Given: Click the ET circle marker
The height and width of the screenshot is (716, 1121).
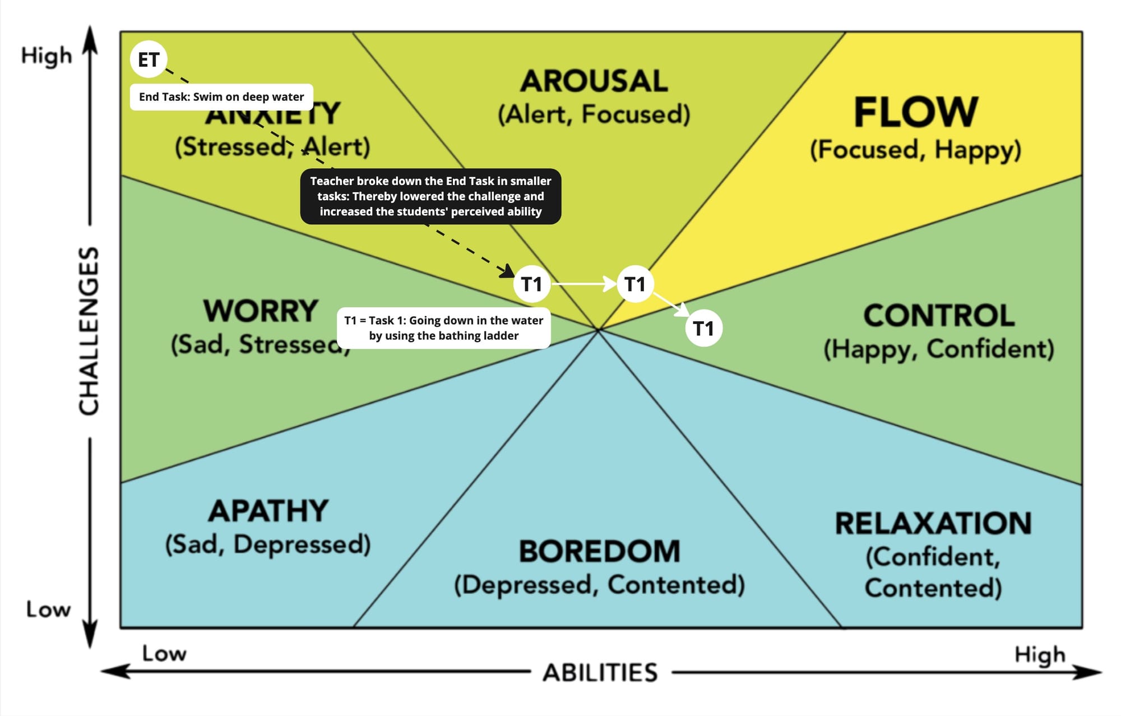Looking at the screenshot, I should (149, 59).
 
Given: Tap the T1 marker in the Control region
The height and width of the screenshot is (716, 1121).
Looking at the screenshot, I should (703, 328).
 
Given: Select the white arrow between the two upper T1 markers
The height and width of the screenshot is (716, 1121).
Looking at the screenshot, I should (583, 284).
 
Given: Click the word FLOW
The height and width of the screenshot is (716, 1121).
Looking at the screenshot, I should (915, 112).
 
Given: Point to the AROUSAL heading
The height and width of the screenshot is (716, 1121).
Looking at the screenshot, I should (594, 81).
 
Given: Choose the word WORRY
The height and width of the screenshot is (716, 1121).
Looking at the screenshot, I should (261, 311).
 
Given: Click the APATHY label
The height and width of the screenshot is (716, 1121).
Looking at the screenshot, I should (268, 511).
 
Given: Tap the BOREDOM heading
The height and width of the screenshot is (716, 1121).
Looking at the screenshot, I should (599, 551).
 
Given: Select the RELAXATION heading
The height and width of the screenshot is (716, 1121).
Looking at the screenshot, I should (933, 523).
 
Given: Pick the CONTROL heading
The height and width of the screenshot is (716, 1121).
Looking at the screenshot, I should (939, 316).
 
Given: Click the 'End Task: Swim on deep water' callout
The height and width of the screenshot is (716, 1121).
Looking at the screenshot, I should (221, 97).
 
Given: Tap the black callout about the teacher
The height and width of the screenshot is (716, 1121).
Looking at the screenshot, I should (430, 196).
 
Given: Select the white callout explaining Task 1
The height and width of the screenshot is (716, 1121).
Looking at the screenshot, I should (443, 328).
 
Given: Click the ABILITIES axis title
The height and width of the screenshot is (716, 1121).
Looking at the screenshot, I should (600, 672).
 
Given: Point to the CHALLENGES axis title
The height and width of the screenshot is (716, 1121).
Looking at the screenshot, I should (89, 331).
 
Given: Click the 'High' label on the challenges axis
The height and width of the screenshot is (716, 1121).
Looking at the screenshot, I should (47, 56).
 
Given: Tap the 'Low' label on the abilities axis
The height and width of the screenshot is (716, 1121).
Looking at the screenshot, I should (164, 653).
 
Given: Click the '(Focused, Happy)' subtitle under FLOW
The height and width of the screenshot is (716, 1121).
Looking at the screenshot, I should (915, 150).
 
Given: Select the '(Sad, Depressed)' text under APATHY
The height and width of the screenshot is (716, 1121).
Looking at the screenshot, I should (268, 544).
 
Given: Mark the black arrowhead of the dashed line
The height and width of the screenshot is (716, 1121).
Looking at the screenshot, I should (508, 271).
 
